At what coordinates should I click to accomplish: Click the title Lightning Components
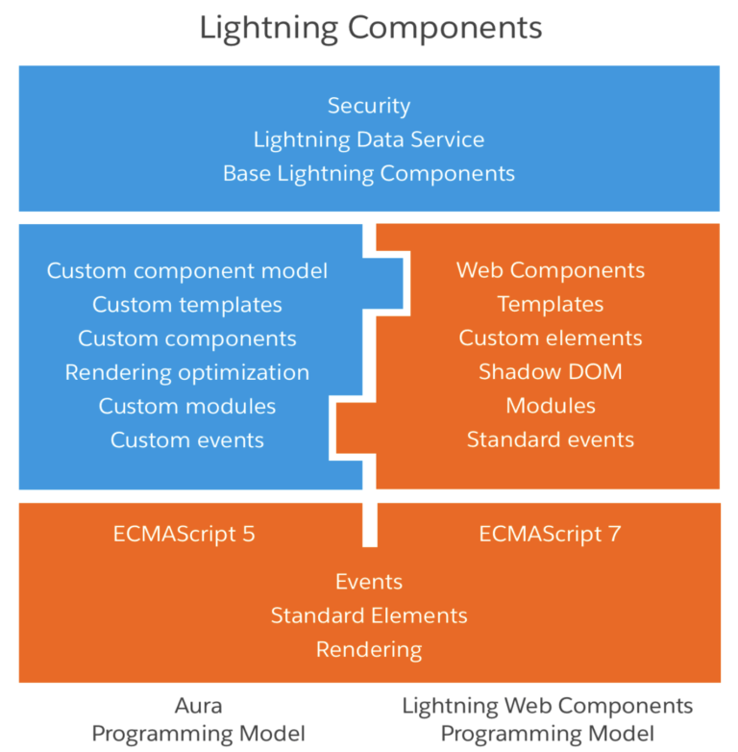[370, 27]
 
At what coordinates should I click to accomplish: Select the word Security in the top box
[369, 106]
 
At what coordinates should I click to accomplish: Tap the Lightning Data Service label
[369, 139]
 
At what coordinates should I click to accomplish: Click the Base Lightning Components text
[369, 174]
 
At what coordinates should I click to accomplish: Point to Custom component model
[187, 270]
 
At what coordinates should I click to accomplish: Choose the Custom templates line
[187, 305]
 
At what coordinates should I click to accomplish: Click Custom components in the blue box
[187, 338]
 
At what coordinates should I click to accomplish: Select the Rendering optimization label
[187, 372]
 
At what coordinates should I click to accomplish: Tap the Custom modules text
[187, 406]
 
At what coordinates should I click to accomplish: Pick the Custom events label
[187, 439]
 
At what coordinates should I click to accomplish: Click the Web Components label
[551, 270]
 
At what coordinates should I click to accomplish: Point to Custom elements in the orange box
[551, 338]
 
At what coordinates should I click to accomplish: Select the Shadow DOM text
[551, 372]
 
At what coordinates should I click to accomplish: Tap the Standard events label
[551, 439]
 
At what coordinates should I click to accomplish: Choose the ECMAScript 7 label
[551, 534]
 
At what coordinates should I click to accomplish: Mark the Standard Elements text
[369, 615]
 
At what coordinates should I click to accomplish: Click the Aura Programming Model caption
[199, 719]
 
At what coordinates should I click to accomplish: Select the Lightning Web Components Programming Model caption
[547, 719]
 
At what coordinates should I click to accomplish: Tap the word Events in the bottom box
[369, 582]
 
